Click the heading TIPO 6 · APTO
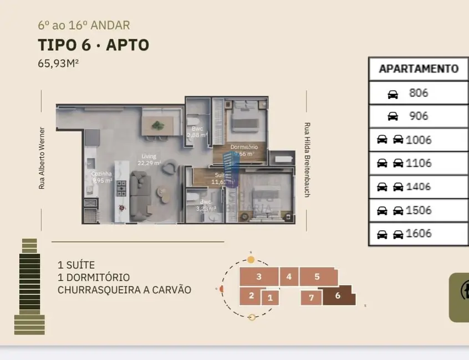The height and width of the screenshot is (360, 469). (x=93, y=44)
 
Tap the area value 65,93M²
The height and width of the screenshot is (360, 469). (x=58, y=63)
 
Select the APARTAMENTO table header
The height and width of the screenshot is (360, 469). (x=419, y=69)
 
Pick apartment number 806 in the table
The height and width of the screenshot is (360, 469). (x=419, y=93)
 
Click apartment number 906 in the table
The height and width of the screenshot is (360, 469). (x=419, y=116)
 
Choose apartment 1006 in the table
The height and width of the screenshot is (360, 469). (x=419, y=140)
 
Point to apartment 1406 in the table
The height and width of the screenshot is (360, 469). (x=419, y=187)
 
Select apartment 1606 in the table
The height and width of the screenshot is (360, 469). (x=419, y=234)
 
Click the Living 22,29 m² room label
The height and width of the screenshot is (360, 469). (x=149, y=160)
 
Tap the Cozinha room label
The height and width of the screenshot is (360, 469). (x=101, y=177)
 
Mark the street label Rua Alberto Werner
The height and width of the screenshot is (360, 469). (x=42, y=158)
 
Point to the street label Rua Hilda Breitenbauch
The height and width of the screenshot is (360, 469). (x=307, y=160)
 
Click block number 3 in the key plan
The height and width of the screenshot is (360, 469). (x=259, y=276)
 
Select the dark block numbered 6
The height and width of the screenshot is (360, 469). (x=338, y=295)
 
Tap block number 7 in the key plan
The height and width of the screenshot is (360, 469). (x=311, y=298)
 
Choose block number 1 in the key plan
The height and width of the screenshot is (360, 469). (x=270, y=298)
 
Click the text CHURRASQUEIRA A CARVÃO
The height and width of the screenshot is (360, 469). (x=124, y=290)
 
